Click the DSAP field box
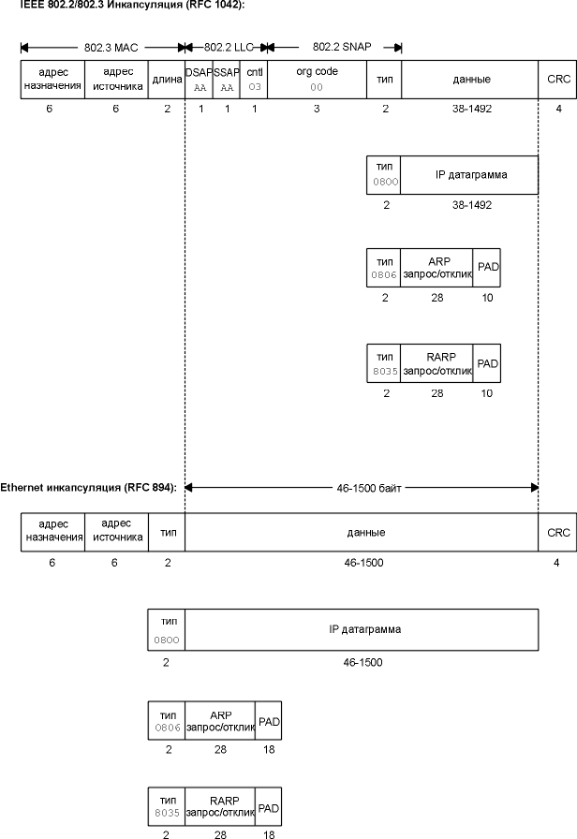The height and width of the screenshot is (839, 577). click(199, 79)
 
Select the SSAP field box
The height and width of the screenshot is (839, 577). click(227, 79)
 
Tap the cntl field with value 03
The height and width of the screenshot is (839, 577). click(254, 79)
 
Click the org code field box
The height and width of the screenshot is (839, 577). click(317, 79)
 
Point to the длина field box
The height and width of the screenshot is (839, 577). click(167, 79)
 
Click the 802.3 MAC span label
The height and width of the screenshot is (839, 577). click(103, 46)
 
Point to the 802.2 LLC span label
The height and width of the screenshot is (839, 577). click(226, 46)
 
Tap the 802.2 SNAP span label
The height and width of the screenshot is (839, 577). click(333, 46)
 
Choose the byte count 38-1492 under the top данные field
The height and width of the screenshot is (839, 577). click(470, 109)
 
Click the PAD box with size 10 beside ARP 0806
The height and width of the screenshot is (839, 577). click(487, 267)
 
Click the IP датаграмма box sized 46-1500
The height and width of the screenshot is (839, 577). click(362, 629)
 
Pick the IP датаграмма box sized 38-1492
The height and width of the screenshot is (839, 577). click(469, 174)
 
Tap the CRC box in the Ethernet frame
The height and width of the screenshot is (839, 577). click(558, 532)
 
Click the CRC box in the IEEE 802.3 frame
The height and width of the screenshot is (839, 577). click(558, 79)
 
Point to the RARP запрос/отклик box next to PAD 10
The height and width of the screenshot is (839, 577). click(436, 362)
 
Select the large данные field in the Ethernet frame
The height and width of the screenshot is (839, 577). click(362, 532)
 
